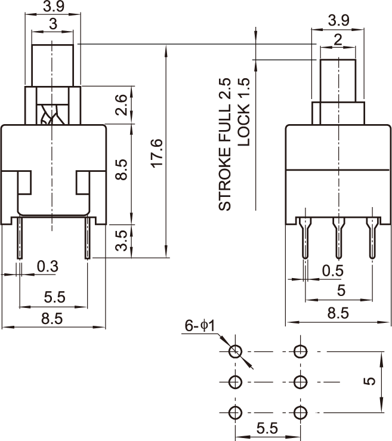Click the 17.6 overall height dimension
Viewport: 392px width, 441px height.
click(157, 153)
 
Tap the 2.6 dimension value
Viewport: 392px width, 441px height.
click(121, 106)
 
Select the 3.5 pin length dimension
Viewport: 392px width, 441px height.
click(121, 240)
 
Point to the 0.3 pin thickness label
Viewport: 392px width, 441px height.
click(47, 266)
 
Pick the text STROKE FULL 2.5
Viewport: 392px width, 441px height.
click(224, 143)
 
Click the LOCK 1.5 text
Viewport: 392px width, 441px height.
click(243, 112)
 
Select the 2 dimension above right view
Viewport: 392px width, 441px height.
click(338, 41)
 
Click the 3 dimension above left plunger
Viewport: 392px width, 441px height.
click(53, 24)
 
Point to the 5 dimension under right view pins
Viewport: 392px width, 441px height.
click(341, 291)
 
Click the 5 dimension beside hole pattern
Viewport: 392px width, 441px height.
click(370, 381)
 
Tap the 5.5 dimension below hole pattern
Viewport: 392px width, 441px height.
click(267, 428)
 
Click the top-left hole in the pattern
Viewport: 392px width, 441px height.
click(236, 350)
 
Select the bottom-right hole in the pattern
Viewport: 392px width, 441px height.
click(300, 412)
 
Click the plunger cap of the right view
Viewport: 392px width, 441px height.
click(339, 79)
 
